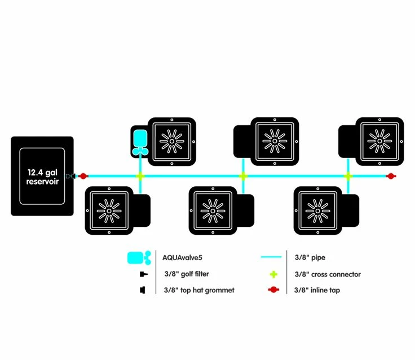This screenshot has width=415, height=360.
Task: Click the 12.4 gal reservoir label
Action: click(x=42, y=177)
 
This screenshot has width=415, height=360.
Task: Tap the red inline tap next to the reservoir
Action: click(x=83, y=176)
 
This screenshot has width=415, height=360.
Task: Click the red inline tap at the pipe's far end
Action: click(x=389, y=176)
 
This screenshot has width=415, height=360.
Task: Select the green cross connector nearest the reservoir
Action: click(x=139, y=176)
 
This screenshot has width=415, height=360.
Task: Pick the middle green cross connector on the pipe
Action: click(x=243, y=176)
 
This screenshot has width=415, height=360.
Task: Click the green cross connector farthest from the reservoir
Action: click(x=348, y=176)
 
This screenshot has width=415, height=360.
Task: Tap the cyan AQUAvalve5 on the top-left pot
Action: click(x=139, y=141)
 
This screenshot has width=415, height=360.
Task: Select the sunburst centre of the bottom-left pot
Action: click(x=109, y=210)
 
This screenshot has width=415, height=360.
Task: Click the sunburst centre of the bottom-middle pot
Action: click(x=213, y=210)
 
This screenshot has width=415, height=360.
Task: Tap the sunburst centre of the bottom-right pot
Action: click(x=318, y=210)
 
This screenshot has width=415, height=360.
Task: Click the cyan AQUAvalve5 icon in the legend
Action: click(x=139, y=258)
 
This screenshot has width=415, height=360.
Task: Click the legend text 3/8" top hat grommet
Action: click(x=199, y=290)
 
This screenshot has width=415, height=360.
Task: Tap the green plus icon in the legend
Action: click(x=272, y=274)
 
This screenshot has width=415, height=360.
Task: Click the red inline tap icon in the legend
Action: click(x=272, y=290)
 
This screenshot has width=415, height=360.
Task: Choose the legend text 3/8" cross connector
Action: click(x=328, y=274)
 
